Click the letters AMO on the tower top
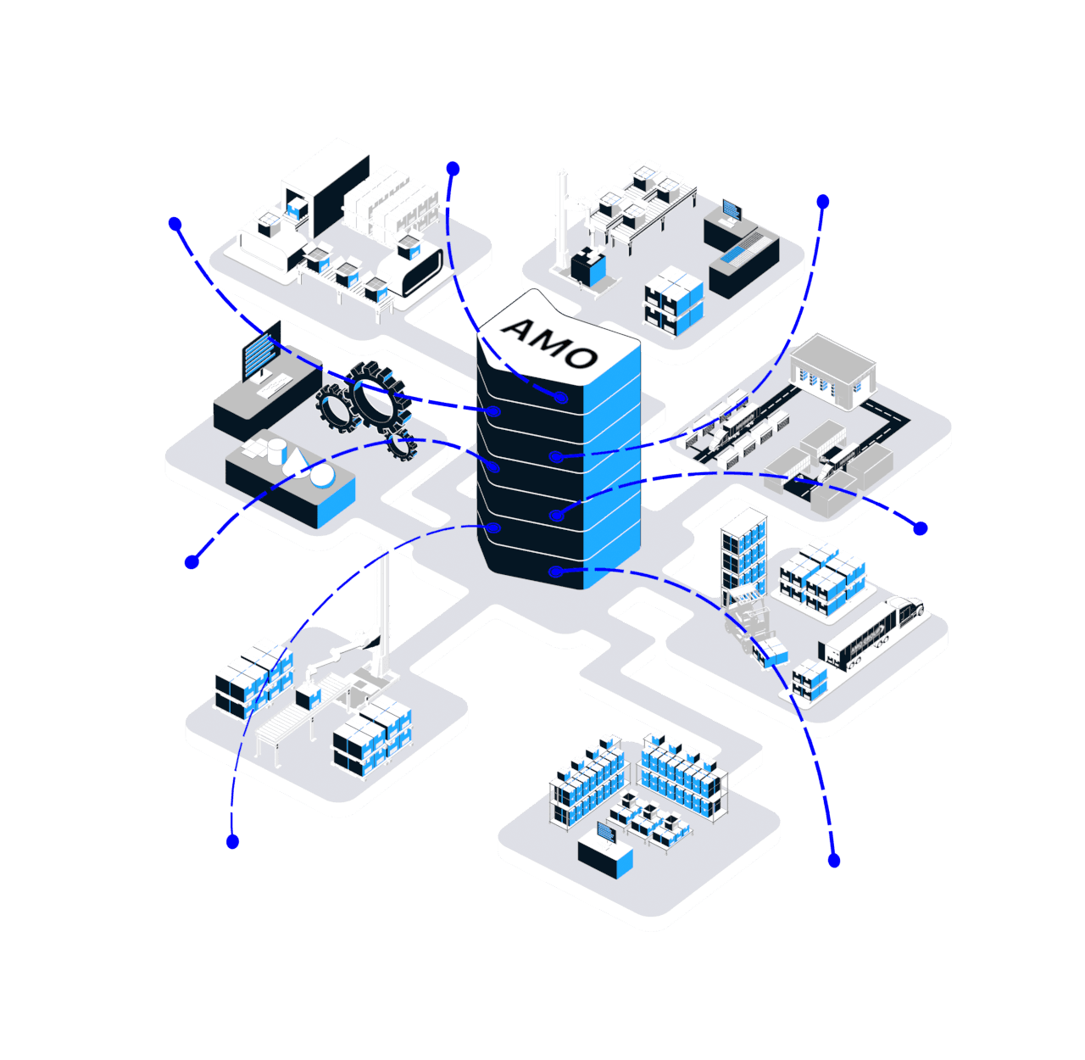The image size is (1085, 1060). pos(549,343)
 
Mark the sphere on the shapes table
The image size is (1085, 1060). pos(322,475)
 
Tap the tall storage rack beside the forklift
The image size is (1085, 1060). pos(743,555)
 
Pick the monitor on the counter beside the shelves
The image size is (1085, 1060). pos(606,832)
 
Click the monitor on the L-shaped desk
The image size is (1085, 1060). pos(731,209)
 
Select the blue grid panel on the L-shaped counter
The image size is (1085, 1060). pos(741,247)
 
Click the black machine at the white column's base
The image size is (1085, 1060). pos(587,266)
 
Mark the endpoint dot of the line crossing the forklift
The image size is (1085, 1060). pos(833,861)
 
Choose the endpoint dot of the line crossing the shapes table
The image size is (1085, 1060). pos(192,561)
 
